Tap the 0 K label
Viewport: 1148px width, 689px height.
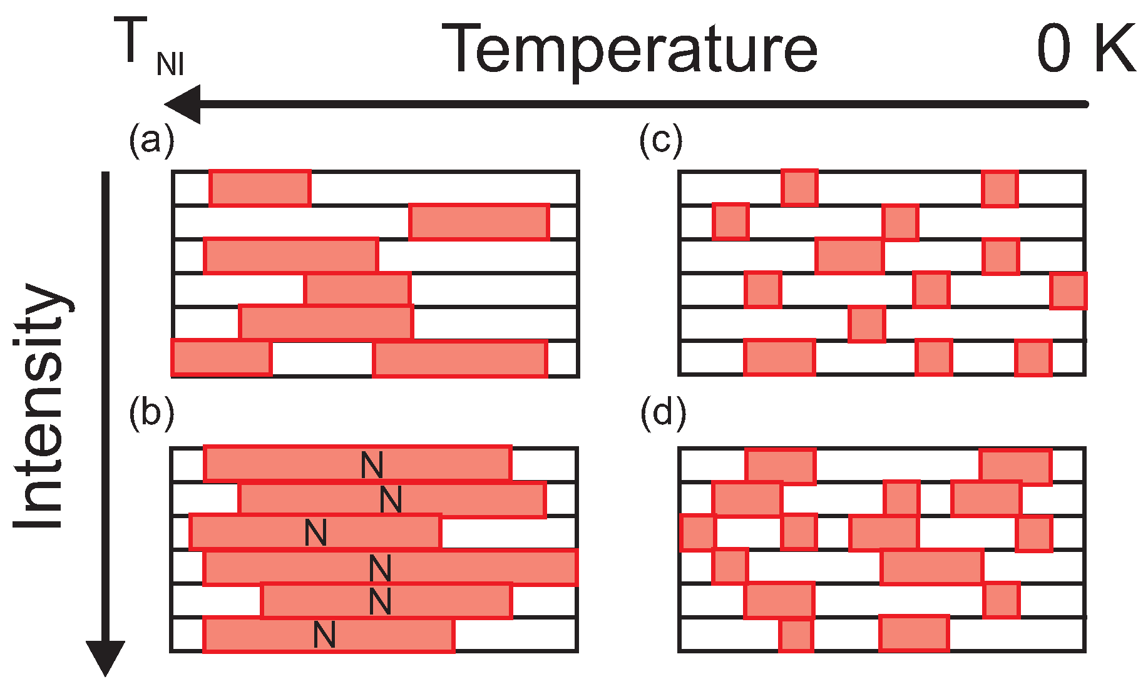coord(1085,49)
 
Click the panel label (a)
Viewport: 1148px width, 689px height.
coord(151,140)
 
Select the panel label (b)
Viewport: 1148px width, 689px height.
coord(151,414)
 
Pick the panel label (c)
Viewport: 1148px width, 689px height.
coord(661,140)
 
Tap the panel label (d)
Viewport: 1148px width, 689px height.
coord(662,414)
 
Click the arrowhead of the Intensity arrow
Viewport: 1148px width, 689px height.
coord(105,657)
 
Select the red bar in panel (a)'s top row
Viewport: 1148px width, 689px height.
coord(260,188)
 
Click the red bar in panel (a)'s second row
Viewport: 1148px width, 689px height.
coord(479,222)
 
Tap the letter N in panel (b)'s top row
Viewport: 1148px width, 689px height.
coord(372,465)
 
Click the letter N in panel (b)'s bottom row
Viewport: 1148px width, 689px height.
coord(324,635)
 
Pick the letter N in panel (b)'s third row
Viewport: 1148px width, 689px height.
coord(315,533)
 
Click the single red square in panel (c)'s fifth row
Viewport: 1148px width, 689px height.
coord(867,324)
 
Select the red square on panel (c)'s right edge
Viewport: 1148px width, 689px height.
coord(1068,291)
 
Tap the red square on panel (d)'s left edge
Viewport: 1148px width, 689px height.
coord(697,533)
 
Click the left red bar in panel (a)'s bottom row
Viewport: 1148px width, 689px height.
coord(222,358)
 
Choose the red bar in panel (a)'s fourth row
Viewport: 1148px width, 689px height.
coord(357,290)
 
